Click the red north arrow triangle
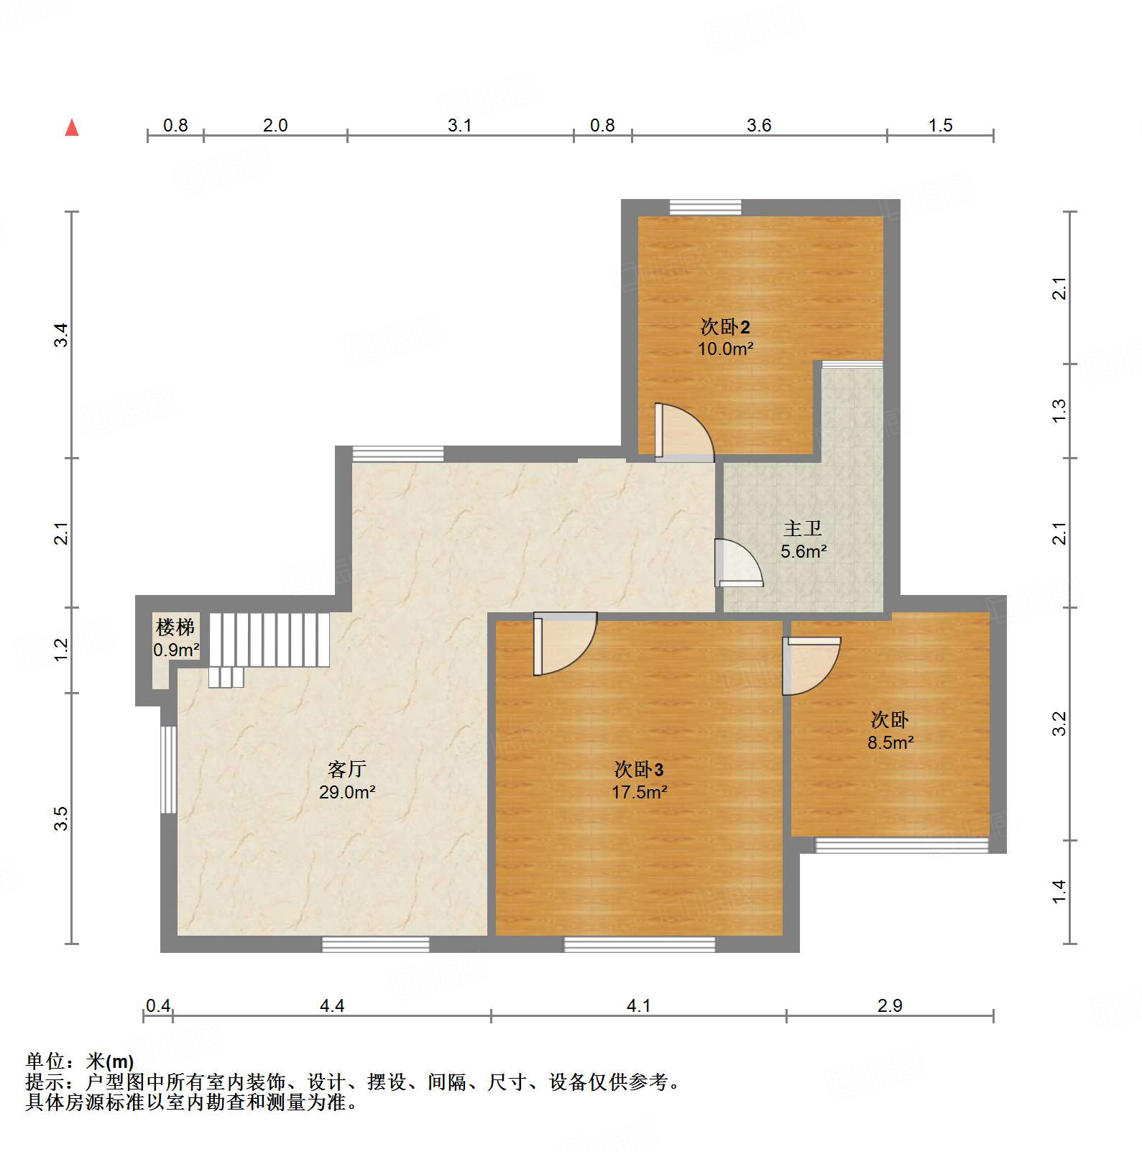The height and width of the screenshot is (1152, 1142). point(72,128)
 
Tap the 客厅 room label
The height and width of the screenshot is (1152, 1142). point(347,770)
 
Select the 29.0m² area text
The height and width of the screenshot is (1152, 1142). point(347,793)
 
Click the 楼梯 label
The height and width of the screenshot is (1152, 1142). point(175,627)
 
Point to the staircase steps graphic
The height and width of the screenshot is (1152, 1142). point(269,640)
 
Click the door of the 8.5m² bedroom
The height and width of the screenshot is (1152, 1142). point(810,665)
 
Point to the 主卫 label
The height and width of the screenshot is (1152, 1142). point(803,529)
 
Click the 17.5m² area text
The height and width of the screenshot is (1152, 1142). point(639,793)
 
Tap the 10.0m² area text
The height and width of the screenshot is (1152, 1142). point(725,349)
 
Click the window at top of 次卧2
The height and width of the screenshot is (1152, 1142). point(705,208)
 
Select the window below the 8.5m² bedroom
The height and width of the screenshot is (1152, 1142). point(901,845)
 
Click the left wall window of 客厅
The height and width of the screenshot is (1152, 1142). point(168,770)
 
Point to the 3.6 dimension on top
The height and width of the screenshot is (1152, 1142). point(759,126)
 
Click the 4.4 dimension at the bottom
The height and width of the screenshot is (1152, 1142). point(332,1005)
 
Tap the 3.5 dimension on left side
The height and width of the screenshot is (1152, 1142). point(62,819)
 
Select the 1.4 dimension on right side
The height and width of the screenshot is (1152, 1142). point(1059,892)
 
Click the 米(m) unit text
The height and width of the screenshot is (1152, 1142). point(110,1061)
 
